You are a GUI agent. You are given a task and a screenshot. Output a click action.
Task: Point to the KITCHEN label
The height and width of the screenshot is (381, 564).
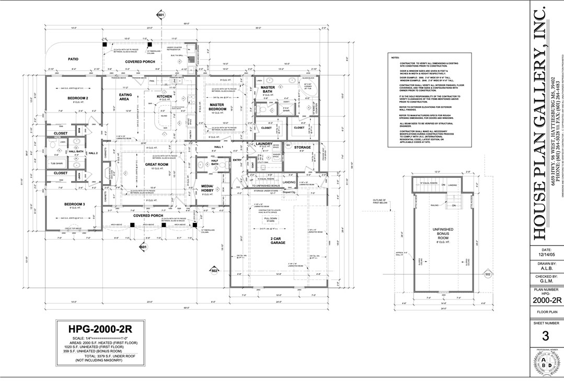165,97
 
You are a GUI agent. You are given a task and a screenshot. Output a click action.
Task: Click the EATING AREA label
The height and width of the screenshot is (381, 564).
125,97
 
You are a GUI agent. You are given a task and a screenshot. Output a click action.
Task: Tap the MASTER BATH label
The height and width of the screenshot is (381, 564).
268,90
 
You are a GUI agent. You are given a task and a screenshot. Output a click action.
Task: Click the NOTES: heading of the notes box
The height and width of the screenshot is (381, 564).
395,57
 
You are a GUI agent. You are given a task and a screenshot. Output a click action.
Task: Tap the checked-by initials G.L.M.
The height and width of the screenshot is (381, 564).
546,280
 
